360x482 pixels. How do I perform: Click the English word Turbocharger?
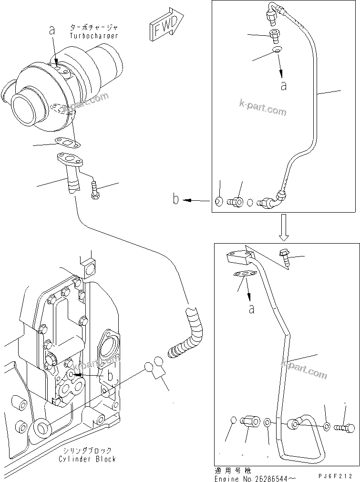click(93, 36)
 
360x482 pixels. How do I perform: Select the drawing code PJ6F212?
click(337, 476)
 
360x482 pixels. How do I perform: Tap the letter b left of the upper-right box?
click(176, 199)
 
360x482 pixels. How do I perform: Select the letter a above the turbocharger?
click(52, 30)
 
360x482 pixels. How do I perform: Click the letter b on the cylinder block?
click(110, 376)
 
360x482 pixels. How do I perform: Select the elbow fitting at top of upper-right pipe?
click(275, 13)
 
